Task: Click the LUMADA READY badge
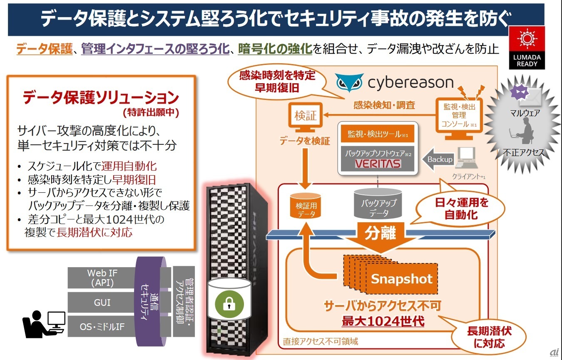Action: [x=527, y=47]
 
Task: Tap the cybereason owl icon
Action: [x=349, y=82]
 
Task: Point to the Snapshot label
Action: [x=401, y=278]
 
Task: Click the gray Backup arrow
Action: [x=437, y=160]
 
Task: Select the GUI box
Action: [x=102, y=302]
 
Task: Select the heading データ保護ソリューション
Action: [x=101, y=98]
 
